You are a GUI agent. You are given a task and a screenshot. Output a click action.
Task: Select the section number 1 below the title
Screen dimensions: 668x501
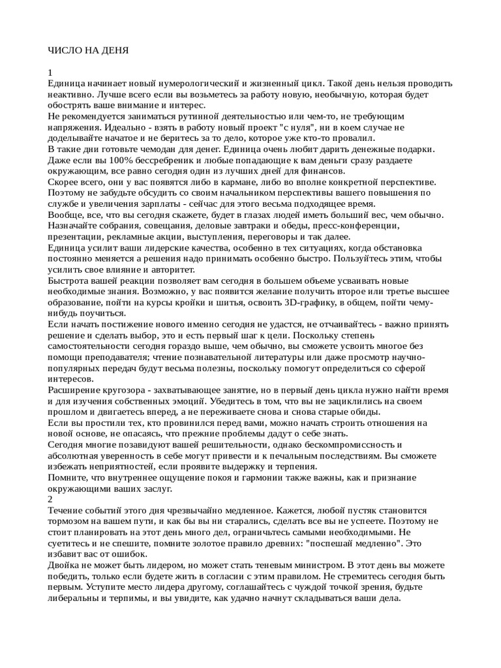click(51, 73)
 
